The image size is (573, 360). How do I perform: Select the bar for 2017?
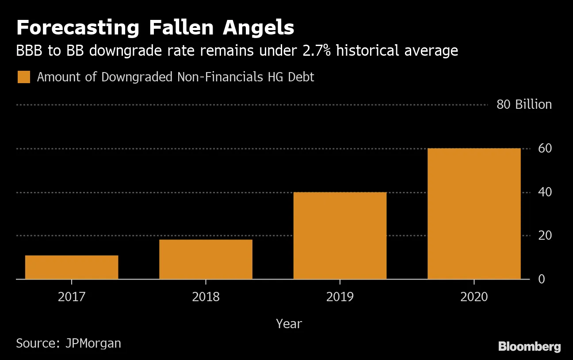pos(72,267)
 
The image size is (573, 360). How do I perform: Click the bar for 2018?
pos(206,259)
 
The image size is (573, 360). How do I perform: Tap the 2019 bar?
pos(340,235)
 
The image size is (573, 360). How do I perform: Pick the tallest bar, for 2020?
pos(474,214)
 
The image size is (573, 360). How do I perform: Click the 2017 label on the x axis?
pos(72,296)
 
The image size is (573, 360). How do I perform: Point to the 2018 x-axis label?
pos(206,296)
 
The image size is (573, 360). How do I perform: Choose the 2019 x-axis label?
pos(340,296)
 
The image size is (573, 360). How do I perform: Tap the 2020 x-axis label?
pos(474,296)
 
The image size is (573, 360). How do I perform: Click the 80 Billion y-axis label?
pos(524,105)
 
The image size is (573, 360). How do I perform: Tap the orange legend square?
pos(23,77)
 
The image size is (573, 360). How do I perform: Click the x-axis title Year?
pos(289,324)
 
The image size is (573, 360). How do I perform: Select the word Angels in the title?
pos(258,28)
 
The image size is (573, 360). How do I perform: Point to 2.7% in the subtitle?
pos(315,51)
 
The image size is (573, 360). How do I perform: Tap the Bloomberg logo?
pos(529,347)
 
